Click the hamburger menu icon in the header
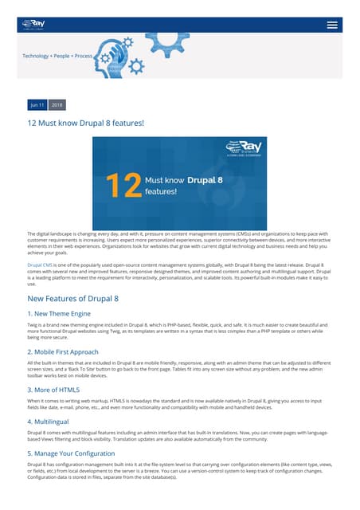click(332, 24)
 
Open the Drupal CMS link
click(40, 263)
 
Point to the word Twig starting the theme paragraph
click(33, 327)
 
